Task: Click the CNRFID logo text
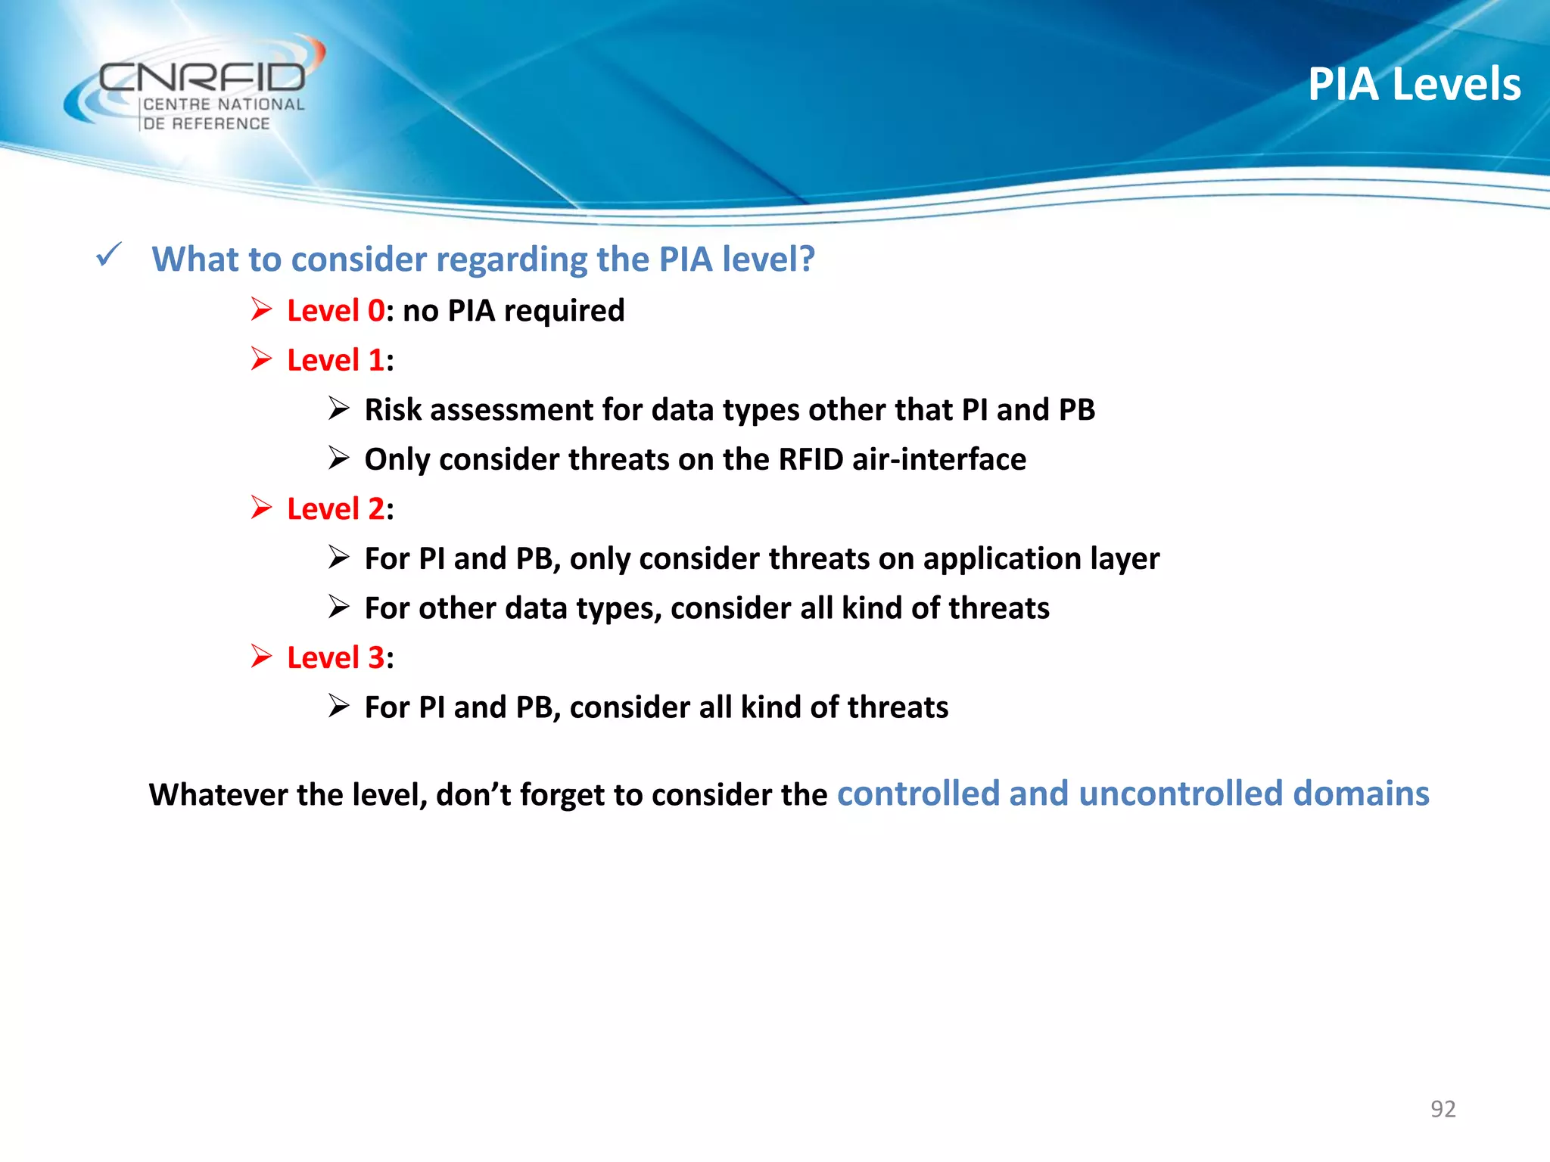tap(203, 77)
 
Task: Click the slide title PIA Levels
tap(1414, 84)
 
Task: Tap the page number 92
tap(1443, 1108)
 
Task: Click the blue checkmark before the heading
tap(109, 255)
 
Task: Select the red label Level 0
tap(335, 311)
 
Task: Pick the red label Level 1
tap(335, 360)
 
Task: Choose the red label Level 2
tap(335, 509)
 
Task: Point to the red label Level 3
tap(335, 657)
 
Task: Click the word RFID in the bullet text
tap(811, 459)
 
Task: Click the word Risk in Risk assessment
tap(393, 410)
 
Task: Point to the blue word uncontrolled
tap(1181, 794)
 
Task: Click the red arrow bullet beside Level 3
tap(261, 656)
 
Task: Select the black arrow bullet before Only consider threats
tap(338, 458)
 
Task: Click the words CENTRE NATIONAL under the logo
tap(224, 104)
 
